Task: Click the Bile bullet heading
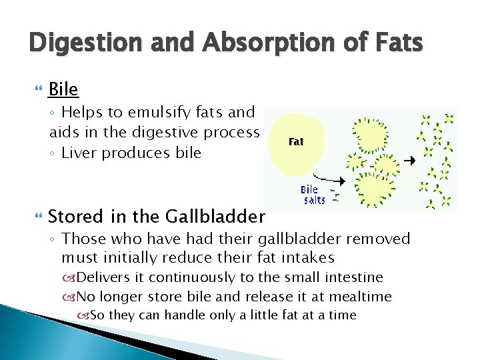pos(63,89)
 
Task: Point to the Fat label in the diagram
pos(296,141)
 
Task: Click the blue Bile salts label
pos(313,195)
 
